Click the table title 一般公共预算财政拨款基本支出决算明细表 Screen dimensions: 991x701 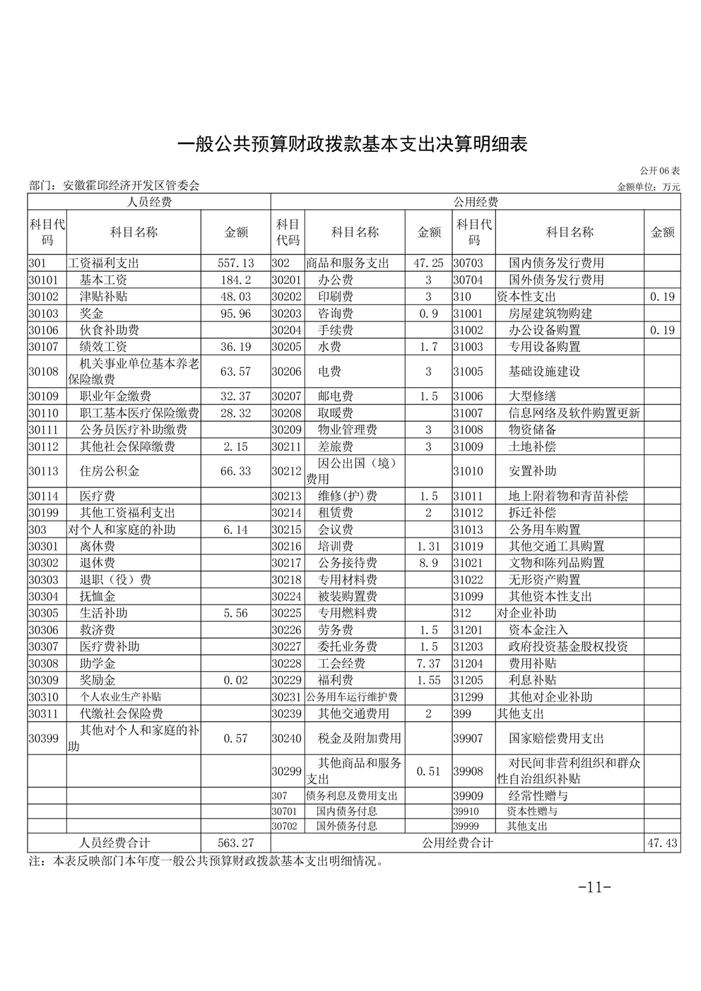tap(351, 144)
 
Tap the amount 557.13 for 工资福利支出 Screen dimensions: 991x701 tap(235, 263)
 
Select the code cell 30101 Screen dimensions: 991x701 tap(43, 280)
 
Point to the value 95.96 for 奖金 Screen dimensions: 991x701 tap(235, 314)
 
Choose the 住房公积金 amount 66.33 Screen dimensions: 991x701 tap(235, 471)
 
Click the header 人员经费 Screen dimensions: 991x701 tap(149, 202)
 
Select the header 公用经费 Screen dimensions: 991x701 tap(475, 202)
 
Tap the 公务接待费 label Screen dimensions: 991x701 tap(347, 563)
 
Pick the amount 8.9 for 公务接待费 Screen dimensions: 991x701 tap(428, 563)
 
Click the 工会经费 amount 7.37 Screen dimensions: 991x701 tap(428, 663)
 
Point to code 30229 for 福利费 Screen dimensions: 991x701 tap(286, 680)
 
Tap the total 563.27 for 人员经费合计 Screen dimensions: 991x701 tap(235, 843)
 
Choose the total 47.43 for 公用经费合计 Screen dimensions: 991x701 tap(662, 843)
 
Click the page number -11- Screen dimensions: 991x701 tap(594, 888)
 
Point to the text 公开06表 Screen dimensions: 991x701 tap(660, 171)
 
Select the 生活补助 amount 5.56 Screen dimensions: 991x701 tap(235, 613)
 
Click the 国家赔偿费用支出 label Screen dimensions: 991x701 tap(556, 738)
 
